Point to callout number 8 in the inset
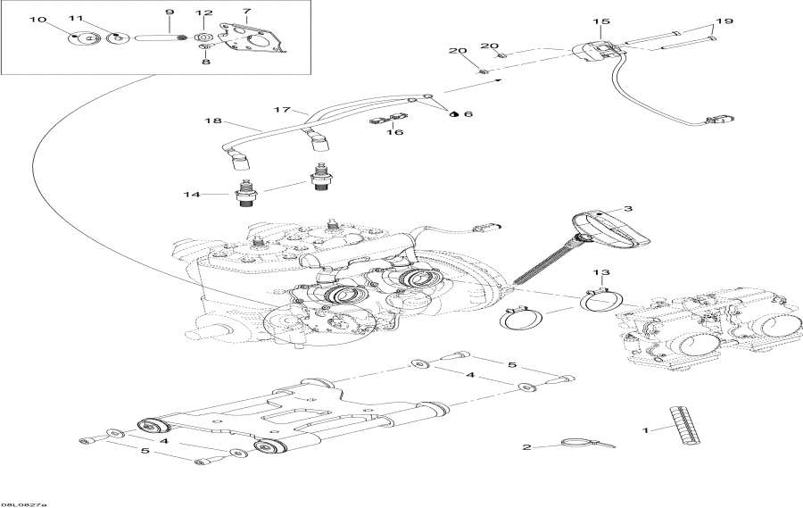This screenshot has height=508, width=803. pos(206,62)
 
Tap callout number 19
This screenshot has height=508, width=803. pos(723,21)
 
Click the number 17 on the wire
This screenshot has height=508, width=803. pos(283,110)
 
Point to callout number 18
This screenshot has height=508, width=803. pos(211,121)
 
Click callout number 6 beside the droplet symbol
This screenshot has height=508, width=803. pos(468,114)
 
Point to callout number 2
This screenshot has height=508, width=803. pos(526,447)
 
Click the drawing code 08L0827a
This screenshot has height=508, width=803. pos(24,504)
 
